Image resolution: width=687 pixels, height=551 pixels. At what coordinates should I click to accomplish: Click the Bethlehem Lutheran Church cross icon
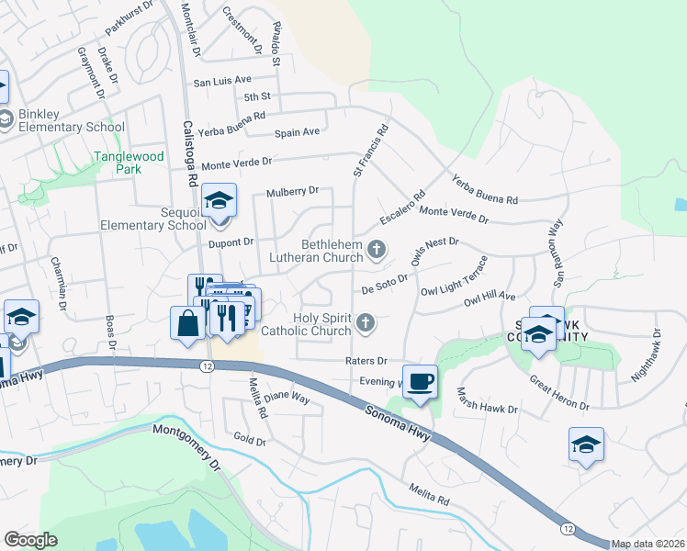pyautogui.click(x=376, y=249)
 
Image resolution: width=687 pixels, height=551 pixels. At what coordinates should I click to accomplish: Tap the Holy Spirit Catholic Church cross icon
pyautogui.click(x=366, y=322)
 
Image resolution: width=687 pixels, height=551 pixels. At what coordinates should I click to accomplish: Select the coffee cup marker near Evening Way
pyautogui.click(x=420, y=381)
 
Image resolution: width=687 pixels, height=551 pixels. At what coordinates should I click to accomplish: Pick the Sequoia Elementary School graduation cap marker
pyautogui.click(x=219, y=200)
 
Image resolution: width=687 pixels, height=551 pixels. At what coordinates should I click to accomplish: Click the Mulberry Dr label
pyautogui.click(x=292, y=192)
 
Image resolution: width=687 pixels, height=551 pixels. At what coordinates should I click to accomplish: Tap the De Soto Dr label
pyautogui.click(x=384, y=287)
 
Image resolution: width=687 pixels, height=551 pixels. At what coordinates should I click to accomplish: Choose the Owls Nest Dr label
pyautogui.click(x=434, y=248)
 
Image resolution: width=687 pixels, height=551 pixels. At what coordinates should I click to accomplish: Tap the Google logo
pyautogui.click(x=31, y=539)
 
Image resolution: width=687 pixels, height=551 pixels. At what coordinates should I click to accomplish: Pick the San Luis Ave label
pyautogui.click(x=221, y=82)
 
